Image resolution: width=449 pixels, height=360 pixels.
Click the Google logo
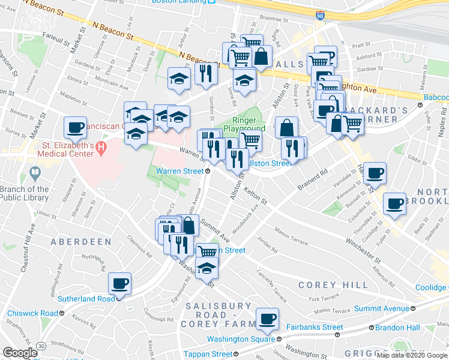[20, 353]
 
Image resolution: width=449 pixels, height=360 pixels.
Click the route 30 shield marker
[40, 346]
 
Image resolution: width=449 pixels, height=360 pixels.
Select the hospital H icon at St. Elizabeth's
[100, 146]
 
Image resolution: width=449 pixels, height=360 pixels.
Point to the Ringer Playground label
[244, 124]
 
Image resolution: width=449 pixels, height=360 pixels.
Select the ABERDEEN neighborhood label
[81, 242]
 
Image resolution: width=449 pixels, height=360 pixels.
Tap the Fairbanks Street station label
[315, 327]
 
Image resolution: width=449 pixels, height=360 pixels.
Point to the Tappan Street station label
[208, 355]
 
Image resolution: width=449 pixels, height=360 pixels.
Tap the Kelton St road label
[255, 194]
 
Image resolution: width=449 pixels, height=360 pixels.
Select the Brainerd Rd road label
[314, 178]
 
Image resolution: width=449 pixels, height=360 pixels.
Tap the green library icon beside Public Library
[35, 175]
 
